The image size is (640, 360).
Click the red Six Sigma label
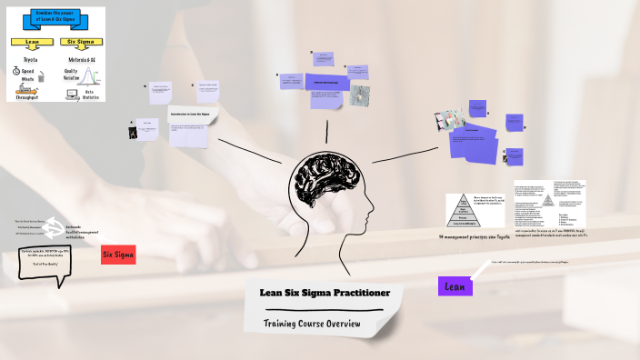[118, 255]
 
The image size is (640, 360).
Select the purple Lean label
[455, 285]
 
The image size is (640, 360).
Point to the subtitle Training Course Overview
[312, 324]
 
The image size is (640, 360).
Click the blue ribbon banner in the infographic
[55, 18]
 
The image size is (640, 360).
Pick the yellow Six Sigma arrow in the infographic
[81, 42]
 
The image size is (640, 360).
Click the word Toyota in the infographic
[29, 59]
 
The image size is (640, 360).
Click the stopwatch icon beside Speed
[16, 71]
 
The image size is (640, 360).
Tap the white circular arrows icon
[60, 226]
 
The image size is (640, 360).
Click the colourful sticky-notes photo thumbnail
[450, 119]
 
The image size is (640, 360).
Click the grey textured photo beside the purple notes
[360, 95]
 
